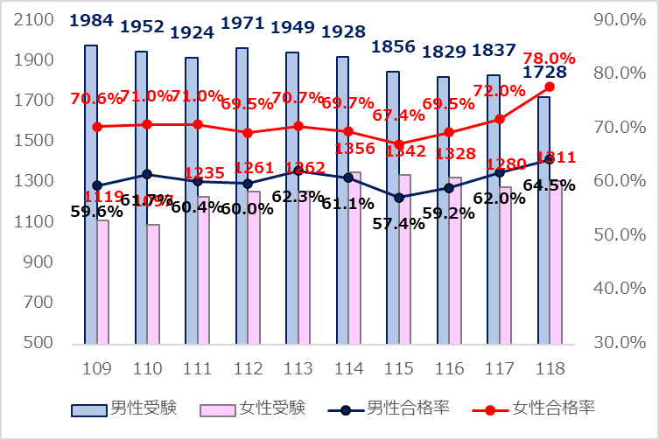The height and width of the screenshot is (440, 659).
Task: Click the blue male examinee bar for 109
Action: (x=90, y=192)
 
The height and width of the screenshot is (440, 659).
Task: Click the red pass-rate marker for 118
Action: (x=550, y=87)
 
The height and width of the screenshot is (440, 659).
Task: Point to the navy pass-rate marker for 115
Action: (x=399, y=198)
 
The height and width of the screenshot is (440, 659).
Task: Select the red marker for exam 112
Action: (x=248, y=133)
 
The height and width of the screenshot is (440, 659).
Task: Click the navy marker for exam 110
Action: (x=147, y=175)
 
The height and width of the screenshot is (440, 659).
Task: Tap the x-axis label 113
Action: (x=298, y=367)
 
